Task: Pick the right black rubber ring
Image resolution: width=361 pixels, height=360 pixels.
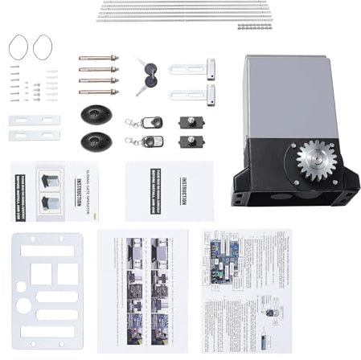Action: click(x=42, y=47)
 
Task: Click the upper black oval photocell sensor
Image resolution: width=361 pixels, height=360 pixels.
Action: click(x=96, y=113)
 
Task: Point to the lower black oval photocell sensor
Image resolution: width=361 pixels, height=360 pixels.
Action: click(x=96, y=141)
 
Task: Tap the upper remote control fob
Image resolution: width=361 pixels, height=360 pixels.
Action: click(x=150, y=123)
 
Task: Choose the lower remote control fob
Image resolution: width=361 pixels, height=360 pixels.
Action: click(x=150, y=141)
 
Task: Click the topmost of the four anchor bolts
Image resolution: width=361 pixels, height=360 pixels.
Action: click(x=98, y=58)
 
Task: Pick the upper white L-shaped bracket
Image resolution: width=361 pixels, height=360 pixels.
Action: click(x=194, y=69)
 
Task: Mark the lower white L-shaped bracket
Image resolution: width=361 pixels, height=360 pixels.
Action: click(x=194, y=94)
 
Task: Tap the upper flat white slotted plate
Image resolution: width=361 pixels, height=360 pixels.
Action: click(x=34, y=121)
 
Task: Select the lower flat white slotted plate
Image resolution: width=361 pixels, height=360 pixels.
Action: click(x=34, y=135)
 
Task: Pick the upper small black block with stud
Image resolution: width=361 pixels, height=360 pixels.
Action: click(x=191, y=122)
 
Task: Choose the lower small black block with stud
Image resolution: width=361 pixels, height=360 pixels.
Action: click(x=191, y=141)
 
